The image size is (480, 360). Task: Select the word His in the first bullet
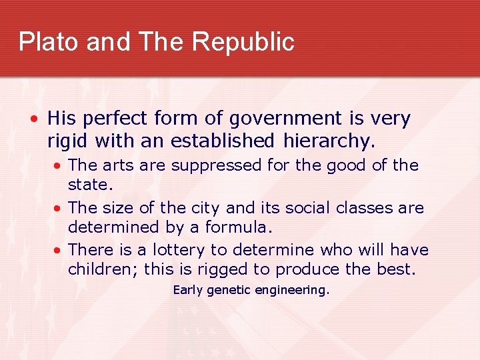point(63,119)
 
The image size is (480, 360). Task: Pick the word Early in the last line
point(188,290)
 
